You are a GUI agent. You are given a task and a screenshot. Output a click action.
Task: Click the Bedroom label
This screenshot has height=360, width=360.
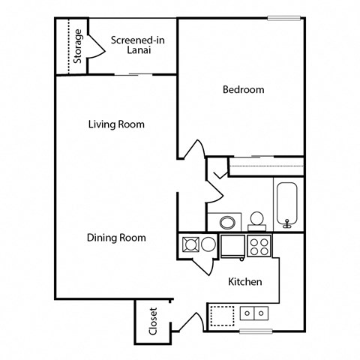coord(244,90)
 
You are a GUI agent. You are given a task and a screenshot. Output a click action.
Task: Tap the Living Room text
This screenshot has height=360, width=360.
coord(115,124)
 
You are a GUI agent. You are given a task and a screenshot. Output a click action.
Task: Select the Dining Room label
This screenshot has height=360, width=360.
coord(115,238)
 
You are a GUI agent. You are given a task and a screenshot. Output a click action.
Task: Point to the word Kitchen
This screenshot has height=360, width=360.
coord(244,282)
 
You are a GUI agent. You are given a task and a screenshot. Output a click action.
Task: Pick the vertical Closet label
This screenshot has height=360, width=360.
coord(153,320)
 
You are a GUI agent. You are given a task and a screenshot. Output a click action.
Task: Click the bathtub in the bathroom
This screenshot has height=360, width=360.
coord(288,203)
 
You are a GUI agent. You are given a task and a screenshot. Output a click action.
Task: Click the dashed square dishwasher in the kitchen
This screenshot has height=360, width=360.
coord(221,314)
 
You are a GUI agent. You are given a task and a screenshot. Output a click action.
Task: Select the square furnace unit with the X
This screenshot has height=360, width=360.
coord(187,244)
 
